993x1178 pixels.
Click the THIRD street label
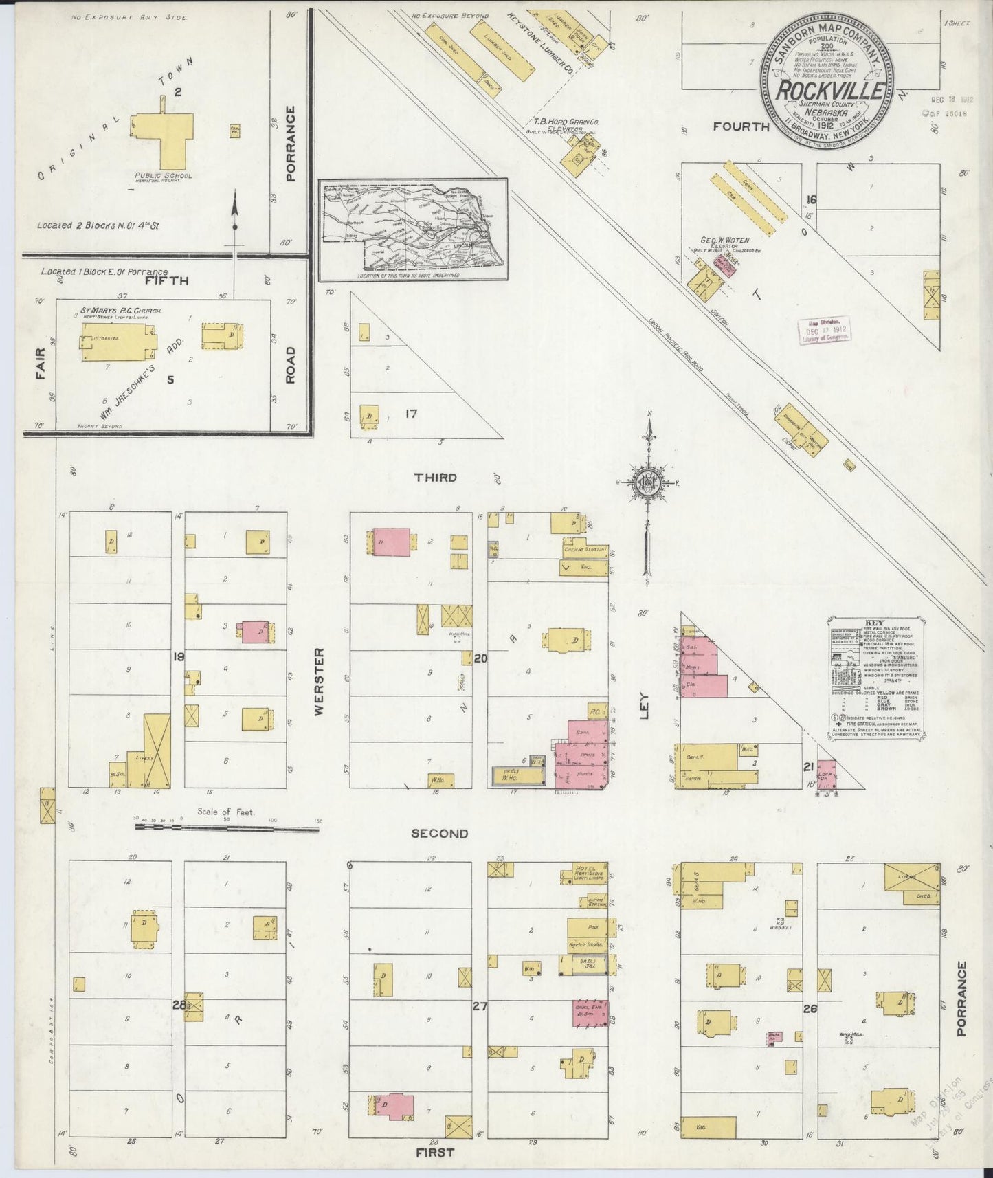pyautogui.click(x=434, y=477)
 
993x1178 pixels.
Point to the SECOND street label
pyautogui.click(x=439, y=834)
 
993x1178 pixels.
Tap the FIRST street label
pyautogui.click(x=434, y=1153)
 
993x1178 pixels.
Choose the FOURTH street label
pyautogui.click(x=741, y=126)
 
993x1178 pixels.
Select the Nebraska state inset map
pyautogui.click(x=412, y=230)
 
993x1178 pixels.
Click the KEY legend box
pyautogui.click(x=877, y=674)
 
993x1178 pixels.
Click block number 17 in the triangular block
pyautogui.click(x=411, y=414)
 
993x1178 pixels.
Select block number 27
pyautogui.click(x=479, y=1007)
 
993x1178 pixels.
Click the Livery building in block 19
pyautogui.click(x=157, y=751)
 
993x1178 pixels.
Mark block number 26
pyautogui.click(x=810, y=1009)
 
